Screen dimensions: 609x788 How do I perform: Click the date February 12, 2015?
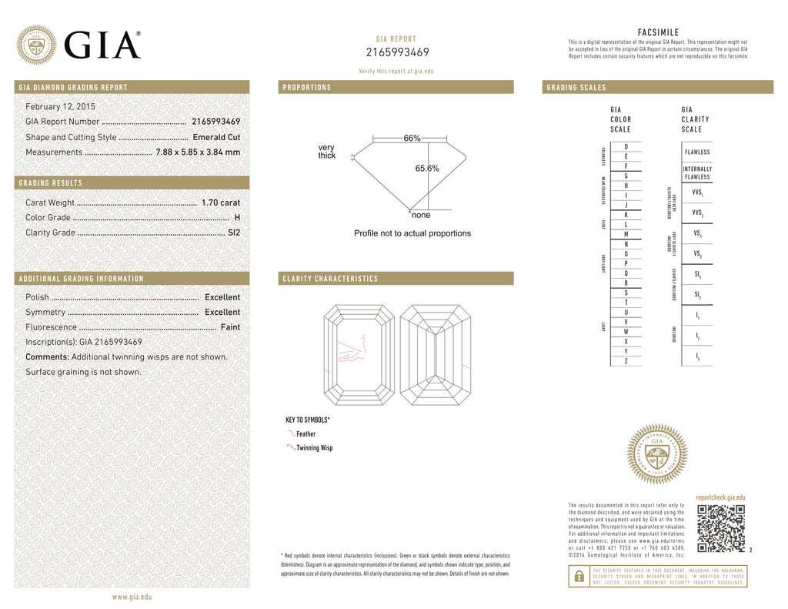click(61, 106)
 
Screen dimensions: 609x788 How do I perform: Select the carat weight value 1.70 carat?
click(221, 202)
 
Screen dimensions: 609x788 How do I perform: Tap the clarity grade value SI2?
click(234, 233)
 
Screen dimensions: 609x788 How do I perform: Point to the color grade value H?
click(237, 218)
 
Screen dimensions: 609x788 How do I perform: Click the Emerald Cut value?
click(216, 137)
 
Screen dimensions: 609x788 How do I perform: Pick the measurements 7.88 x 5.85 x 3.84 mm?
click(198, 152)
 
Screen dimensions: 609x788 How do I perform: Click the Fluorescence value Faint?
click(230, 327)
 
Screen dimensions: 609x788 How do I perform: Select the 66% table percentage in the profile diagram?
click(412, 138)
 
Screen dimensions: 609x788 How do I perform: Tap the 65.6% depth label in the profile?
click(427, 169)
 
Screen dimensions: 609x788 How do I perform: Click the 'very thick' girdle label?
click(327, 152)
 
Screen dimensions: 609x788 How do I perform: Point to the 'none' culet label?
click(421, 216)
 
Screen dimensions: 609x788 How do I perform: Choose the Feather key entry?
click(306, 434)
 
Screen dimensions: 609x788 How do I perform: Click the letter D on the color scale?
click(626, 146)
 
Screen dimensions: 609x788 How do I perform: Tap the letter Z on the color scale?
click(626, 361)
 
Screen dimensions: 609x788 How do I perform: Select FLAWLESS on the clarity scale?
click(696, 152)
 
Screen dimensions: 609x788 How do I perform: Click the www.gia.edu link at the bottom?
click(132, 597)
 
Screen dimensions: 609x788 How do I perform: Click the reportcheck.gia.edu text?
click(720, 498)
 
